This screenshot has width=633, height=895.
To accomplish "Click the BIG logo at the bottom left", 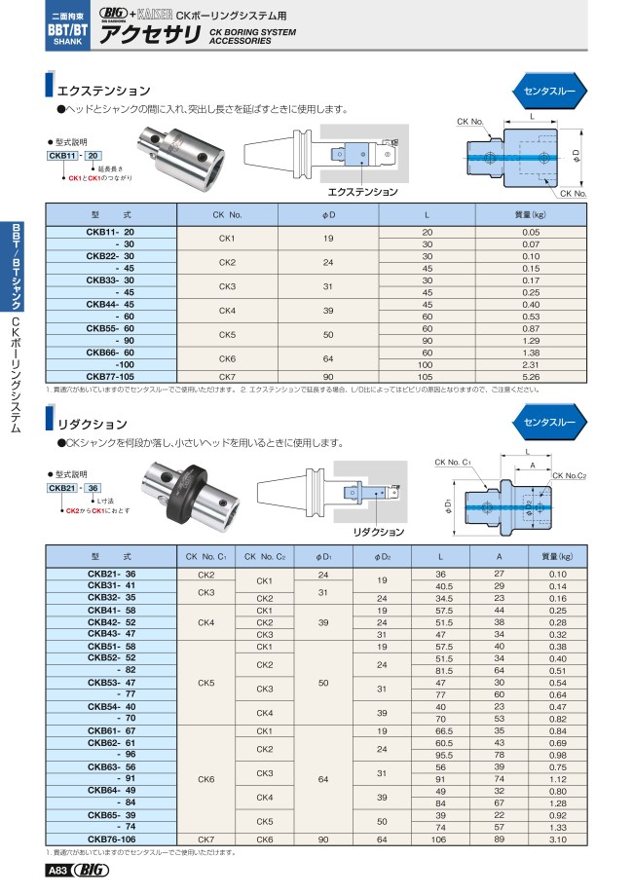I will pyautogui.click(x=91, y=871).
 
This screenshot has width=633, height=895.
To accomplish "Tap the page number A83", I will pyautogui.click(x=55, y=871).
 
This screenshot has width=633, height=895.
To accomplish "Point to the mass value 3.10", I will pyautogui.click(x=557, y=837).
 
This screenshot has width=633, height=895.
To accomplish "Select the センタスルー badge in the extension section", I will pyautogui.click(x=549, y=89).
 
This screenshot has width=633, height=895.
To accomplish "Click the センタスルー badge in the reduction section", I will pyautogui.click(x=549, y=423).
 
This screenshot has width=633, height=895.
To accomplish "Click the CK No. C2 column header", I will pyautogui.click(x=265, y=556).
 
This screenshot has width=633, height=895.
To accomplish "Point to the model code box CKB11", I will pyautogui.click(x=63, y=156).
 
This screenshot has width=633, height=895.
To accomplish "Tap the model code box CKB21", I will pyautogui.click(x=63, y=486).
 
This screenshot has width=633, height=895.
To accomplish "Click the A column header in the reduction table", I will pyautogui.click(x=500, y=556).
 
